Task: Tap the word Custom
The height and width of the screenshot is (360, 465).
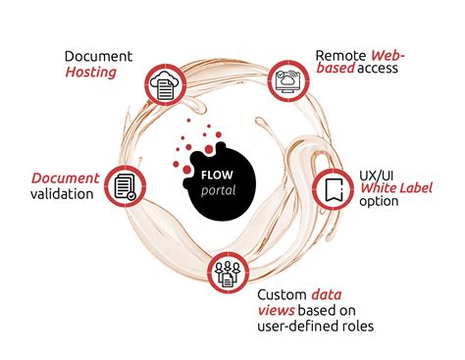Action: click(284, 293)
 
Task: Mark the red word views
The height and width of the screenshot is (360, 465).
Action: click(278, 310)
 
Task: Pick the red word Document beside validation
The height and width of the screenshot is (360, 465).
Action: click(66, 178)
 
